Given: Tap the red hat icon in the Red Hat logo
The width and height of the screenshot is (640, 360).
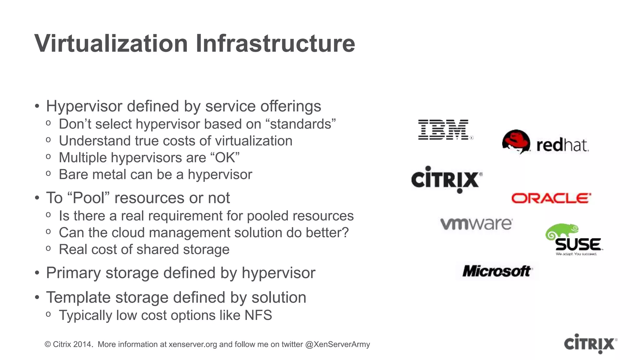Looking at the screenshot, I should [516, 141].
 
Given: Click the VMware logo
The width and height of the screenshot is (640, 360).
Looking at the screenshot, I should [476, 224].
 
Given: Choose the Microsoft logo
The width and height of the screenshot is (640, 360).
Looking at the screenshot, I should [497, 271].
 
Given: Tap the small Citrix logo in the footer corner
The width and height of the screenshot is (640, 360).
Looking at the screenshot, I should [590, 344].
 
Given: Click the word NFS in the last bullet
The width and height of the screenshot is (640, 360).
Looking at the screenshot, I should [258, 315].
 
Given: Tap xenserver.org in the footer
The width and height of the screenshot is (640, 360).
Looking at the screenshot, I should [192, 344].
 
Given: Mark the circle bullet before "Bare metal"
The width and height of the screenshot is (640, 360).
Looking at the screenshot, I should [48, 173].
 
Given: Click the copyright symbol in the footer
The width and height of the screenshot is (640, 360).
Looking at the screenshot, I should [48, 344].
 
